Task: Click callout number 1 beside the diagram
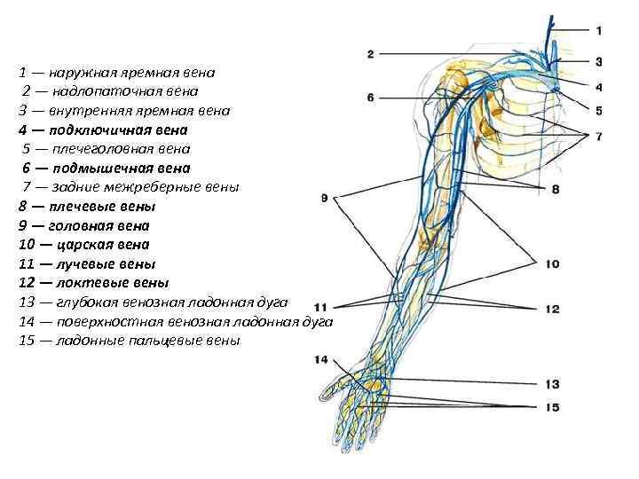[599, 30]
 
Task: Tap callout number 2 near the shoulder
[370, 54]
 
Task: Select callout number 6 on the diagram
[370, 97]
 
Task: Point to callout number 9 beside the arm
[325, 198]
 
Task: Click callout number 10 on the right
[552, 263]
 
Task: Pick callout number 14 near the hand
[320, 359]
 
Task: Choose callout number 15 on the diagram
[552, 407]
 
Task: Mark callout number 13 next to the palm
[552, 384]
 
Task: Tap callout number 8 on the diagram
[556, 189]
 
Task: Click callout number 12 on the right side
[552, 309]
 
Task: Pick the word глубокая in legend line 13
[86, 302]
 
